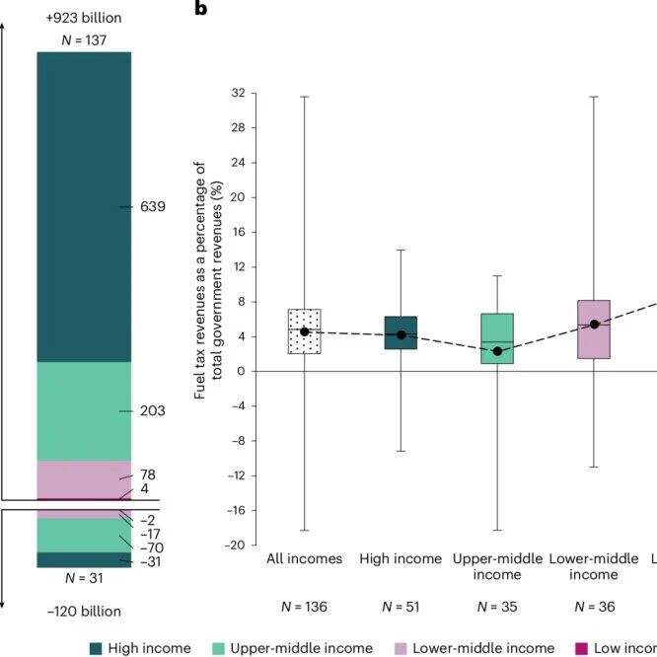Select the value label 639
tap(152, 207)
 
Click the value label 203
tap(152, 410)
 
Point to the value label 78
tap(148, 475)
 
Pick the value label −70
tap(152, 547)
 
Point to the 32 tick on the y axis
tap(238, 94)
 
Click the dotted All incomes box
tap(305, 330)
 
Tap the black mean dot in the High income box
tap(401, 335)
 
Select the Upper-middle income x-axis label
tap(497, 566)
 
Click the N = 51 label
tap(401, 605)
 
